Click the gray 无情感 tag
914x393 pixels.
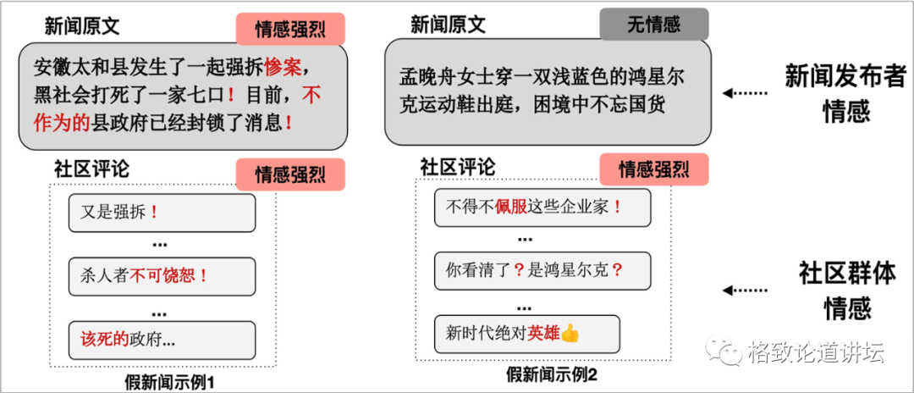[653, 25]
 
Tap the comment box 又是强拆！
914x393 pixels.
[162, 213]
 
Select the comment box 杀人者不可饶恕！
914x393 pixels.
[162, 275]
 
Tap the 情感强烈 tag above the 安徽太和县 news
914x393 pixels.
[290, 30]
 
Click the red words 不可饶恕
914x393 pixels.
[168, 275]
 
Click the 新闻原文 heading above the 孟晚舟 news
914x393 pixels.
[449, 25]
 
